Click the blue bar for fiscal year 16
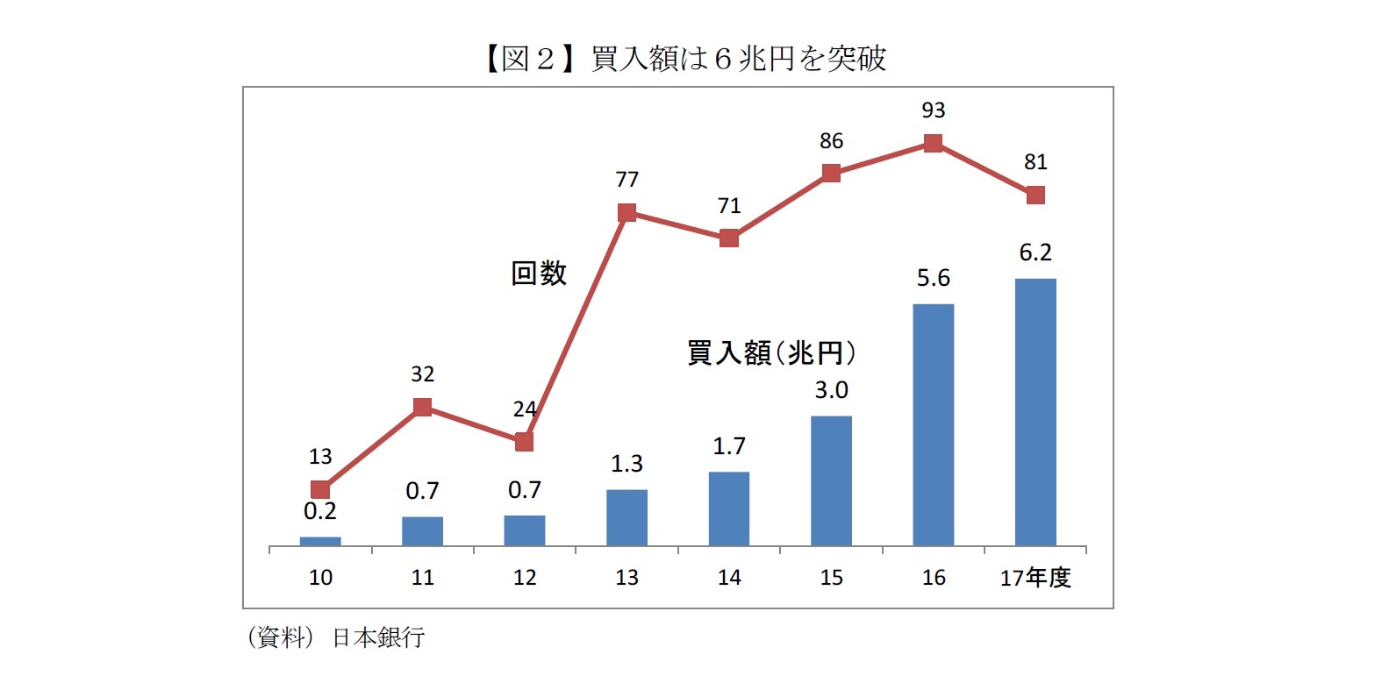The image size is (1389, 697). (x=933, y=425)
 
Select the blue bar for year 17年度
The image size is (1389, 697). (x=1035, y=412)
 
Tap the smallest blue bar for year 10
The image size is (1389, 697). (x=320, y=541)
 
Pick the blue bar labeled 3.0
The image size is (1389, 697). (x=831, y=480)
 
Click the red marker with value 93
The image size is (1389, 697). (x=933, y=143)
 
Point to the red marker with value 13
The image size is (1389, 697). (x=320, y=489)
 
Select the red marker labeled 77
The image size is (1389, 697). (x=626, y=212)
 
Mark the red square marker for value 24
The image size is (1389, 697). (x=524, y=442)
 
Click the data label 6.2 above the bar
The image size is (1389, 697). (x=1035, y=252)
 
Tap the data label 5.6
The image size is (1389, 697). (x=933, y=278)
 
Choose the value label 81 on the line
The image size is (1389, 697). (x=1035, y=162)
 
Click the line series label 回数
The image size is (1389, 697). (x=539, y=273)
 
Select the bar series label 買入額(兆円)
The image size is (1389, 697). (x=770, y=352)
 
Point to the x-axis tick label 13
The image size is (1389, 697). (x=626, y=577)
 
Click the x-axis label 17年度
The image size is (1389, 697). (x=1035, y=577)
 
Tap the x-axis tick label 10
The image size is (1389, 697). (x=320, y=577)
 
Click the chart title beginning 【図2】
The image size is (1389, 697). (x=684, y=59)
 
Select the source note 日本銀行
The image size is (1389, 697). (x=378, y=637)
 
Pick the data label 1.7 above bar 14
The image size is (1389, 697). (x=728, y=446)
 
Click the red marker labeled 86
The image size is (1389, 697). (x=831, y=173)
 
